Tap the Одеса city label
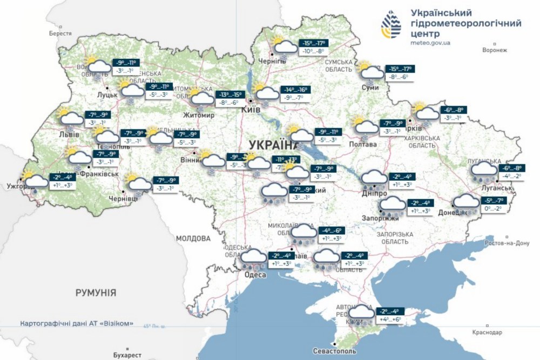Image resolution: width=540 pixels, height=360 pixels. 255,275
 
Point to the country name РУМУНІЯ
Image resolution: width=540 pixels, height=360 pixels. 96,293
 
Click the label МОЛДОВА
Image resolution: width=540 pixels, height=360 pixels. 193,238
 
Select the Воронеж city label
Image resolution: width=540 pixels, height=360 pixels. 495,51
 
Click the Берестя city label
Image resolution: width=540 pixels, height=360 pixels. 60,33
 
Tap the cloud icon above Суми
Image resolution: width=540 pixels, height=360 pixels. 371,73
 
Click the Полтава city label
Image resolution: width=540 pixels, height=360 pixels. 363,144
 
